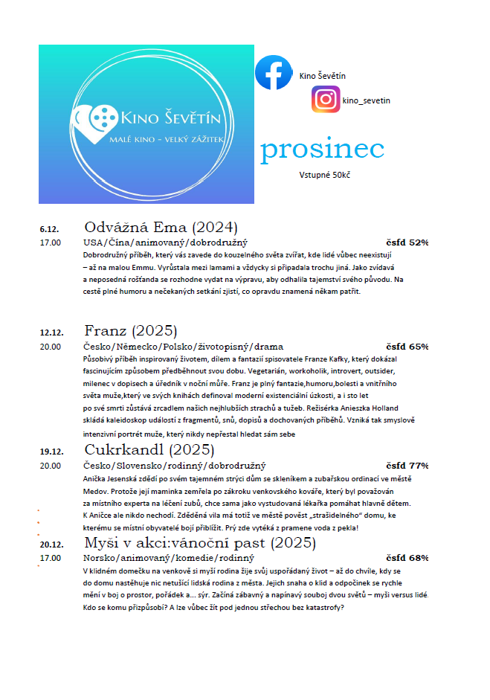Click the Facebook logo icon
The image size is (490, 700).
274,73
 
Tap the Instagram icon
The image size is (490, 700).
326,100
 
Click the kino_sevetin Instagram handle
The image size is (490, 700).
366,100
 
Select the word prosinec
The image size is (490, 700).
322,150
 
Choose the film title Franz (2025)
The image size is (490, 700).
130,330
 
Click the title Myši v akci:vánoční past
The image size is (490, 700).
190,542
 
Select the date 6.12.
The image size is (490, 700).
51,228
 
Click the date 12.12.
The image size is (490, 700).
53,332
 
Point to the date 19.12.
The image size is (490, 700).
53,452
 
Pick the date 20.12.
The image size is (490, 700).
53,544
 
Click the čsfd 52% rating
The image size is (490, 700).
407,243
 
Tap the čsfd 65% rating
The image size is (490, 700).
407,347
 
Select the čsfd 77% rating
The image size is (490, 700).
407,466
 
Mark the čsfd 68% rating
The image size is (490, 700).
407,558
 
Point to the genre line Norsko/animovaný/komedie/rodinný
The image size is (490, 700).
169,558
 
